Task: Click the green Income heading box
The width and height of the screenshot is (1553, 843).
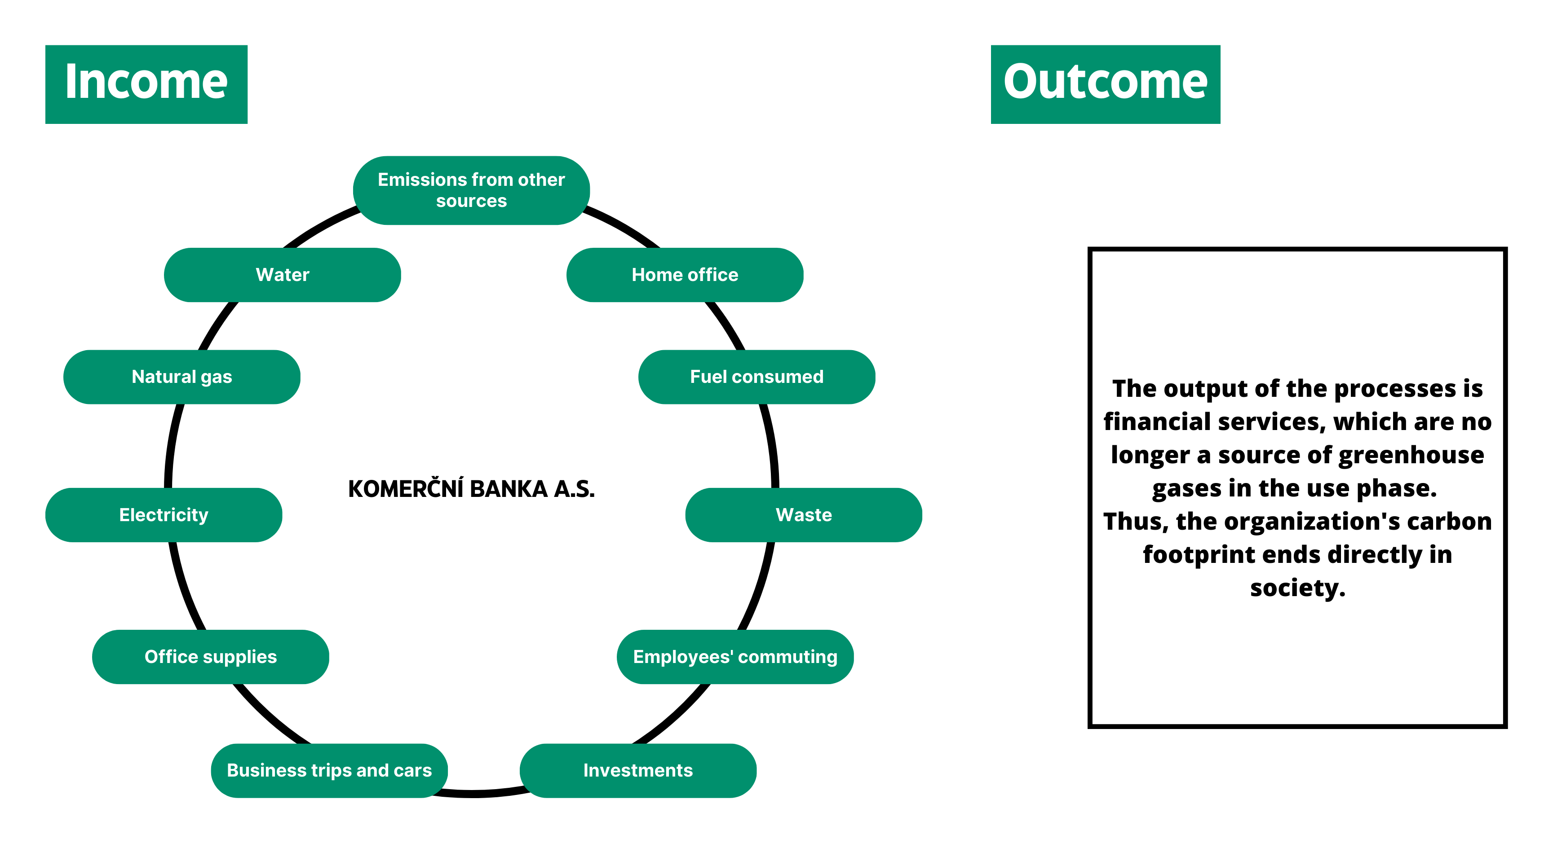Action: (146, 84)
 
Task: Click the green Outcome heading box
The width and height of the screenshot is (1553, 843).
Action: (1106, 84)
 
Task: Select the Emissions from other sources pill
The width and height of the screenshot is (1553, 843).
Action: (471, 190)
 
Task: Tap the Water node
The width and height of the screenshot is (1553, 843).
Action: (283, 275)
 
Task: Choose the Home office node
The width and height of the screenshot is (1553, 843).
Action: (685, 275)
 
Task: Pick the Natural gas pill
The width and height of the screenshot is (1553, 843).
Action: (182, 377)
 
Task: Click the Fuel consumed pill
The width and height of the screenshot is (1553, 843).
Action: (757, 377)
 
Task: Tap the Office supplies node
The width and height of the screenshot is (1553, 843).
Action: (210, 657)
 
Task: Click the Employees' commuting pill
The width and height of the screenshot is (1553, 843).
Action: (735, 657)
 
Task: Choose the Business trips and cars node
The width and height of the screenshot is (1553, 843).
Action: (329, 771)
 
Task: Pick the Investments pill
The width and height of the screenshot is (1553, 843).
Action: (638, 771)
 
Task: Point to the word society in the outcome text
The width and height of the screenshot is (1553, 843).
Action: (1297, 588)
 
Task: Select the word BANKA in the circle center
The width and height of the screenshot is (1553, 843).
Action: (508, 489)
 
